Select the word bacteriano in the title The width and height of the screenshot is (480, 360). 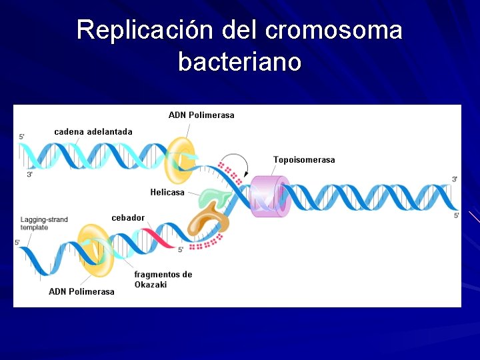pyautogui.click(x=240, y=62)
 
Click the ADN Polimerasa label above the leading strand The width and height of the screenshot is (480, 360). pyautogui.click(x=201, y=115)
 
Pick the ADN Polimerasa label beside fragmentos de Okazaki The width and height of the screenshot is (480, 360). pyautogui.click(x=81, y=291)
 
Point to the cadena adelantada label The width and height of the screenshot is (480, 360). pyautogui.click(x=93, y=132)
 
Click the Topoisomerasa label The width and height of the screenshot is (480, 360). pyautogui.click(x=304, y=160)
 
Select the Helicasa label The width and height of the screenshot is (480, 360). pyautogui.click(x=167, y=193)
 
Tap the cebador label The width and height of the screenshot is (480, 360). pyautogui.click(x=128, y=218)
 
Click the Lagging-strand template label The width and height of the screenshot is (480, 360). pyautogui.click(x=43, y=223)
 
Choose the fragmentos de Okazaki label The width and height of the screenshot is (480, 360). pyautogui.click(x=163, y=279)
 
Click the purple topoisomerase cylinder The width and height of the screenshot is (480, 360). pyautogui.click(x=269, y=196)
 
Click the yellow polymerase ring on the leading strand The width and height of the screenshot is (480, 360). pyautogui.click(x=179, y=160)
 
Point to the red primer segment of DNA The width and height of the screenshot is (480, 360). pyautogui.click(x=157, y=239)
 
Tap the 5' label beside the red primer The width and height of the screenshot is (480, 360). pyautogui.click(x=180, y=251)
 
